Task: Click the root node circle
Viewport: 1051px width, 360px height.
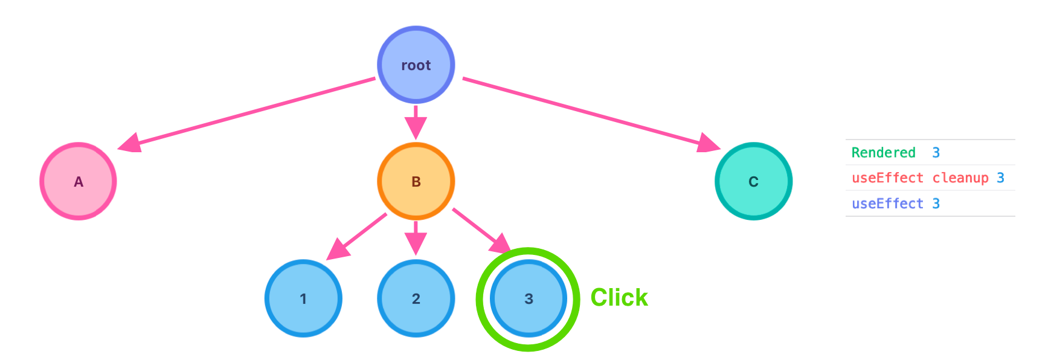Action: coord(416,65)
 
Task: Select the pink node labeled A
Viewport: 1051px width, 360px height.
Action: coord(78,181)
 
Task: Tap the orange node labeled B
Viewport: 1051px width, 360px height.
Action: coord(416,181)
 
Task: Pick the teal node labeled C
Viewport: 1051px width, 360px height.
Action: coord(753,181)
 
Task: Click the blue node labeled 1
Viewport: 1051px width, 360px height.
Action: coord(303,298)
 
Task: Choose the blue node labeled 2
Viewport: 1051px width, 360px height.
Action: coord(416,298)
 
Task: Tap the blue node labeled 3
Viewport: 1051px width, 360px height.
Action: coord(529,298)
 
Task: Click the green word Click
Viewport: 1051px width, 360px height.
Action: coord(619,298)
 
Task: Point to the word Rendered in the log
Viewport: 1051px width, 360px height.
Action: coord(883,153)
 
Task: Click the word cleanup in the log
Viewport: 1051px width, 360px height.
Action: coord(960,178)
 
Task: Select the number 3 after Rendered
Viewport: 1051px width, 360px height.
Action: coord(936,153)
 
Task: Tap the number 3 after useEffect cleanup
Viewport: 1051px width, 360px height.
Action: coord(1000,178)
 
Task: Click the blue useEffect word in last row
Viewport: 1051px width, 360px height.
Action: coord(887,204)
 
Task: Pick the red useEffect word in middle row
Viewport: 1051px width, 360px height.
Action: coord(887,178)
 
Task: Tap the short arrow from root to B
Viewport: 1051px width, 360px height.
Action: coord(416,123)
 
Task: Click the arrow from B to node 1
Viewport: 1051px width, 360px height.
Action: coord(356,236)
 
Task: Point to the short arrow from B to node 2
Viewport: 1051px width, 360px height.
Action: coord(416,239)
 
